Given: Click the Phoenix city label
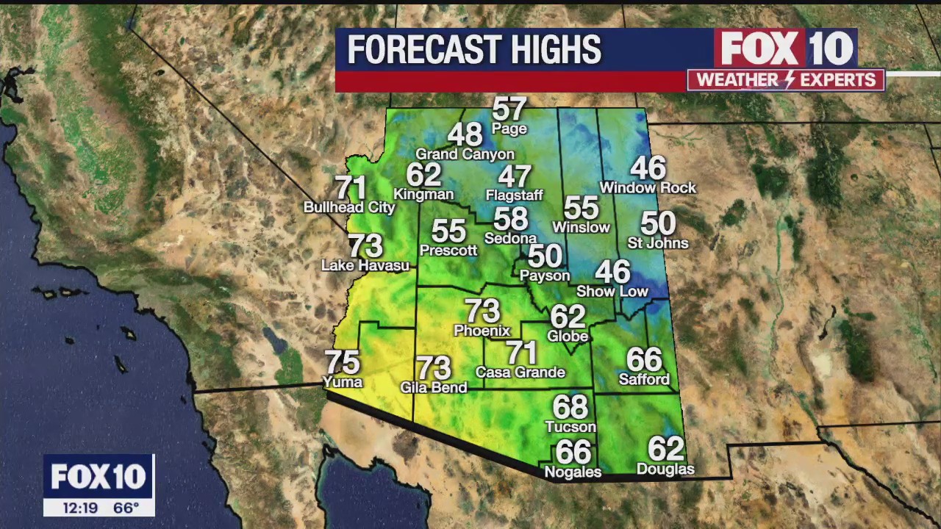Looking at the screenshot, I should click(x=482, y=331).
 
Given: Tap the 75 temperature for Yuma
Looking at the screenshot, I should click(x=342, y=362).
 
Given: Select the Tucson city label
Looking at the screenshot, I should click(x=570, y=427).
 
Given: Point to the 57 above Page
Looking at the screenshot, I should click(x=509, y=109).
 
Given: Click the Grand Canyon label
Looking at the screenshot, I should click(x=465, y=154).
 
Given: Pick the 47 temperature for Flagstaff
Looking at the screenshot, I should click(x=514, y=177).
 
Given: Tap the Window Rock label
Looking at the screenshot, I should click(x=648, y=188).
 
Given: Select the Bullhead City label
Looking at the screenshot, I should click(x=349, y=208).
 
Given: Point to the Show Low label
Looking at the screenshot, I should click(x=612, y=292).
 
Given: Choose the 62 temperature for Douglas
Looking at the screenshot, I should click(x=665, y=449).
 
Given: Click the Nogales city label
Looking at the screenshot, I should click(x=573, y=472).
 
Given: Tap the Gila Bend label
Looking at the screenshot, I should click(x=433, y=387).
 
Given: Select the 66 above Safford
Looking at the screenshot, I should click(x=644, y=360).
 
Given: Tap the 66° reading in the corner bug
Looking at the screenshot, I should click(x=126, y=508).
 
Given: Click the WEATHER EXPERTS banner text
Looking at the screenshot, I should click(x=786, y=80).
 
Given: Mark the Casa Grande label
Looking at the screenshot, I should click(x=520, y=373).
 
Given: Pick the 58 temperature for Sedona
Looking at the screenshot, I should click(x=510, y=219).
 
